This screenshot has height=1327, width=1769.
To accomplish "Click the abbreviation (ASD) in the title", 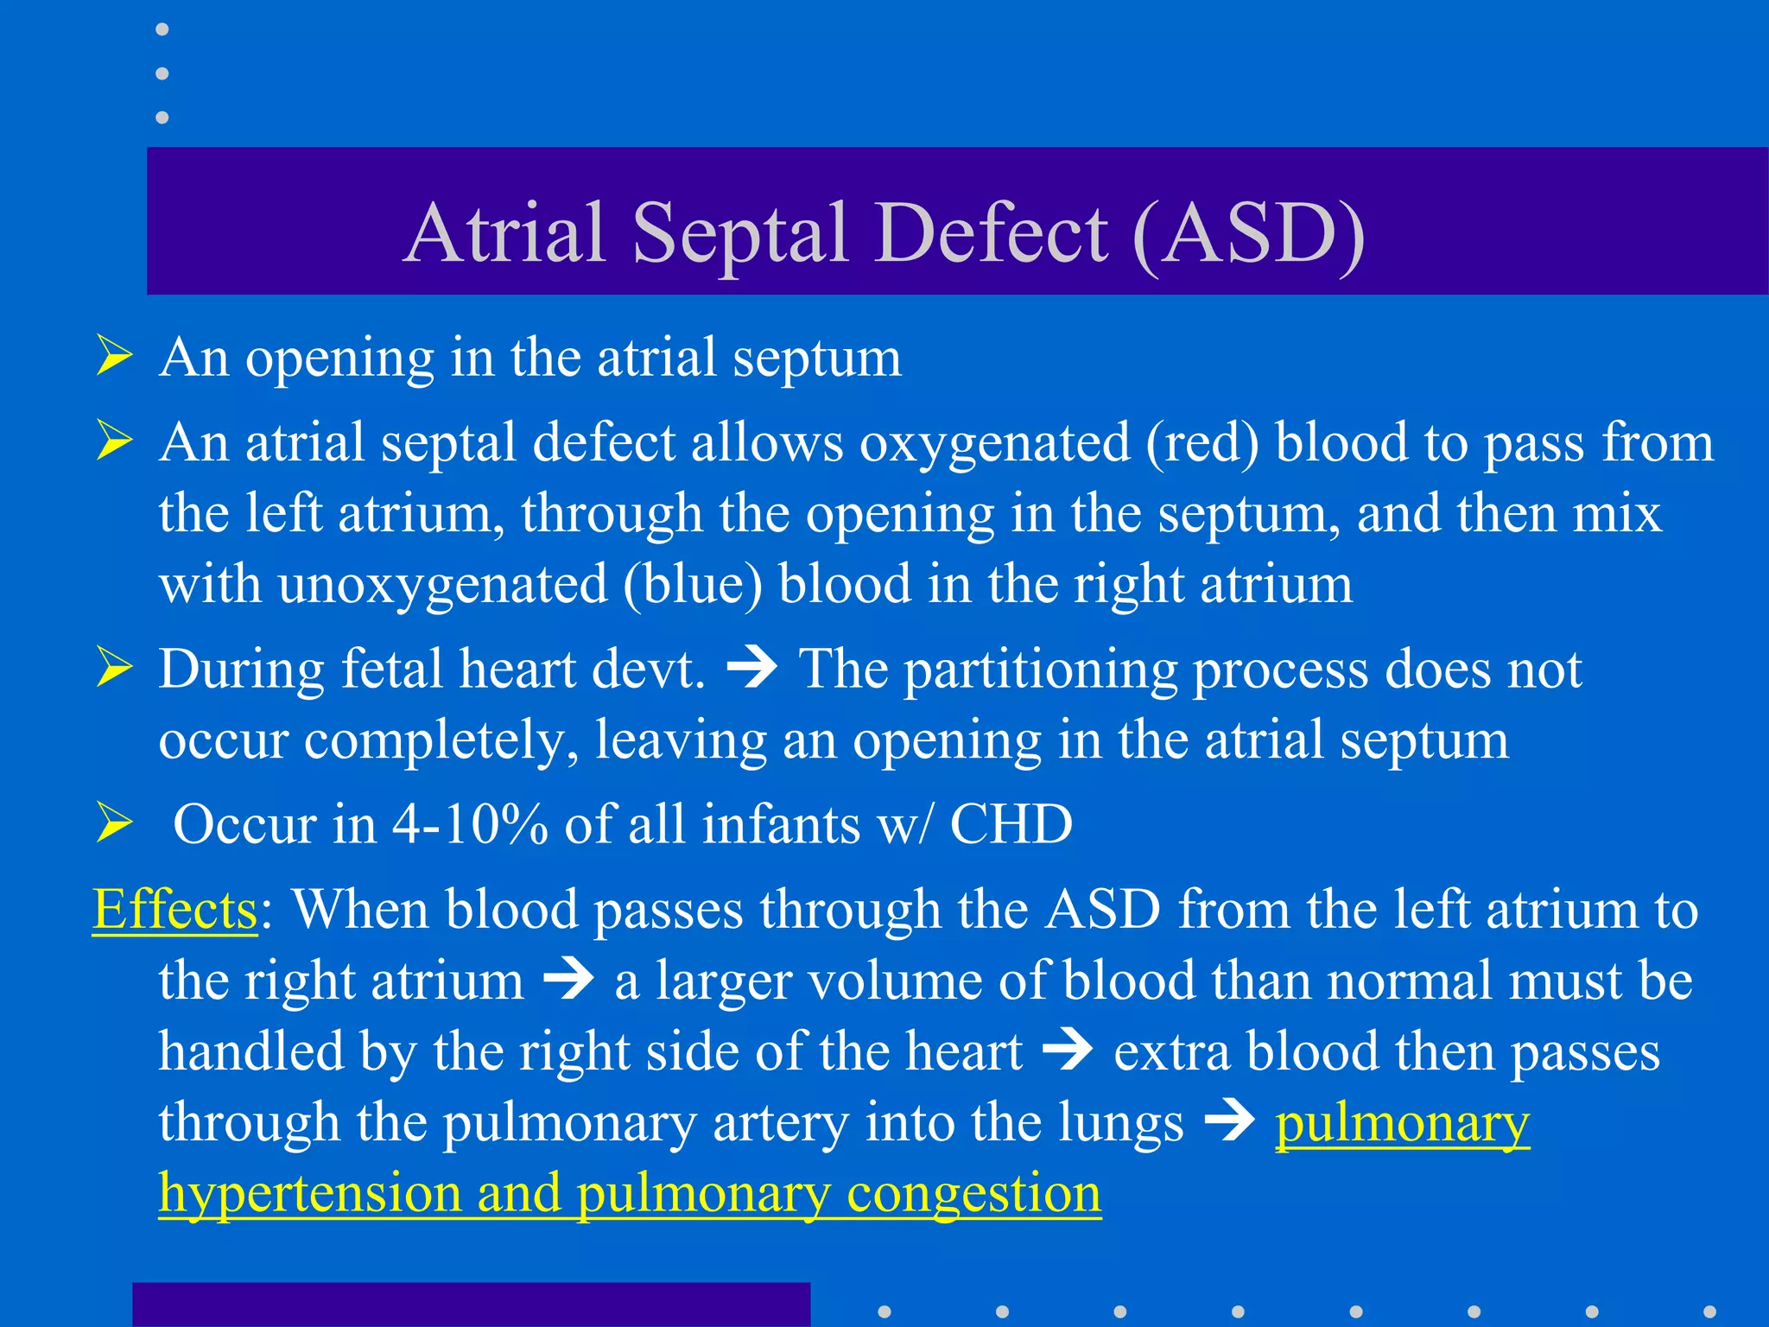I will pos(1249,233).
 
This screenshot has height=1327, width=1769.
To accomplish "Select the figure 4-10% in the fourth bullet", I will pos(470,824).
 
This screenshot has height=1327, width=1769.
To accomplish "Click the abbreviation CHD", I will pos(1011,824).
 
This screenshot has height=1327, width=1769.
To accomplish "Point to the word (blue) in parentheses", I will pos(693,585).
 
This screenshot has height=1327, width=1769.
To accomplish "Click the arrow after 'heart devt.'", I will pos(752,669).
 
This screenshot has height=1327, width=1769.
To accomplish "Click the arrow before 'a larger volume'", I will pos(568,981).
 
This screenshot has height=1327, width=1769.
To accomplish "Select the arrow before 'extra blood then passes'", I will pos(1068,1051).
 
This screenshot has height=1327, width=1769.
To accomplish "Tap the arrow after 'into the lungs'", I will pos(1229,1122).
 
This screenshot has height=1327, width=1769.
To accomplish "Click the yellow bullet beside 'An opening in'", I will pos(114,357).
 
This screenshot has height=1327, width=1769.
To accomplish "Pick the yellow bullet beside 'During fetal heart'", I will pos(114,669).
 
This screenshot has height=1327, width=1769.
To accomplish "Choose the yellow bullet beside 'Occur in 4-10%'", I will pos(114,822).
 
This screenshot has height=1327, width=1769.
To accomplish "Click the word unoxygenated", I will pos(442,585).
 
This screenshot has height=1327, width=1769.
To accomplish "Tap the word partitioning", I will pos(1040,670).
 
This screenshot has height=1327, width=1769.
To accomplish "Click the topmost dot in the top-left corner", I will pos(162,29).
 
